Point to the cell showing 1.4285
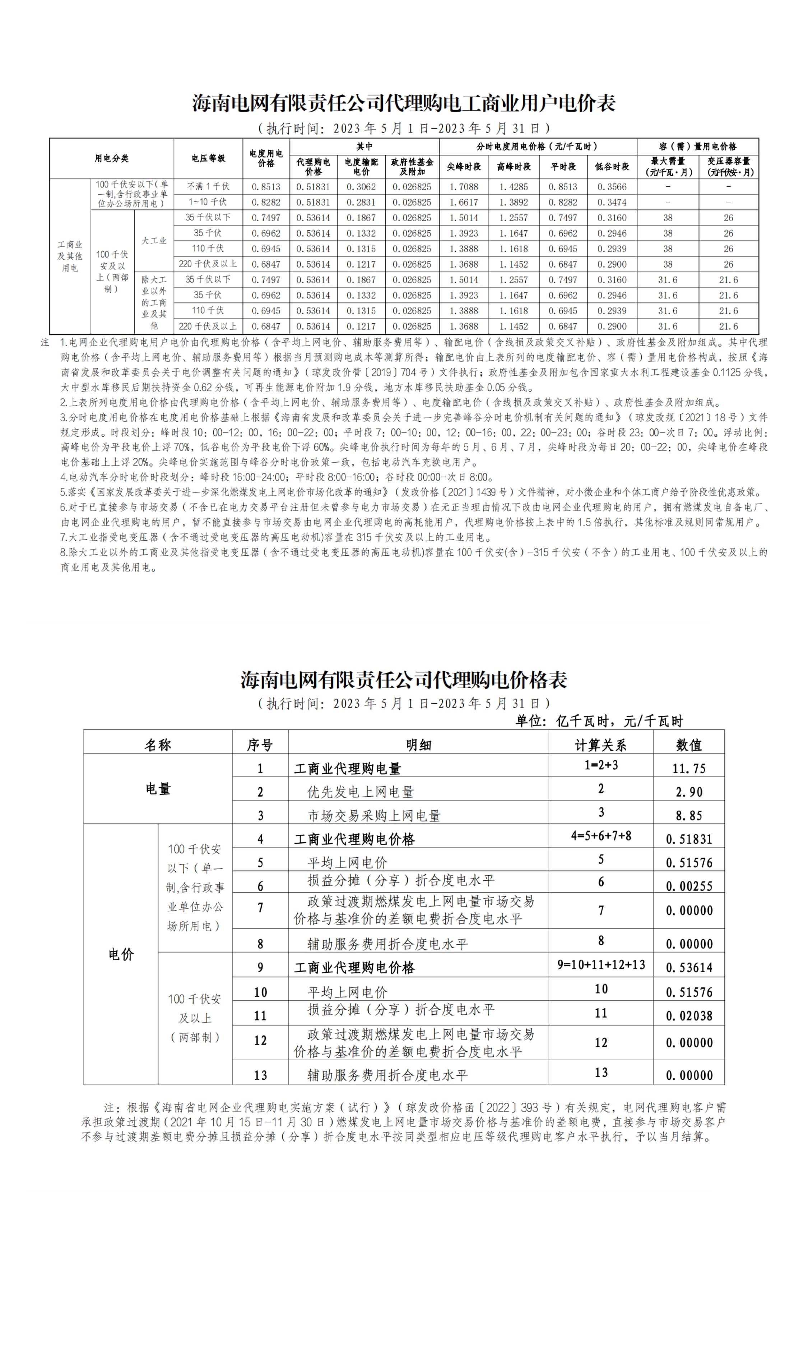point(514,187)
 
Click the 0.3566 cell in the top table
point(612,187)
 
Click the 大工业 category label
point(154,241)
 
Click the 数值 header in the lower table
point(689,745)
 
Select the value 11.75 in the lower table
point(689,769)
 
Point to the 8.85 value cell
point(689,816)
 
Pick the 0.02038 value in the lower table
point(689,1015)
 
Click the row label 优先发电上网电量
point(361,792)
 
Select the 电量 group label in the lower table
point(158,788)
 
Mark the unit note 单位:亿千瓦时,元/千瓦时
point(599,721)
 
